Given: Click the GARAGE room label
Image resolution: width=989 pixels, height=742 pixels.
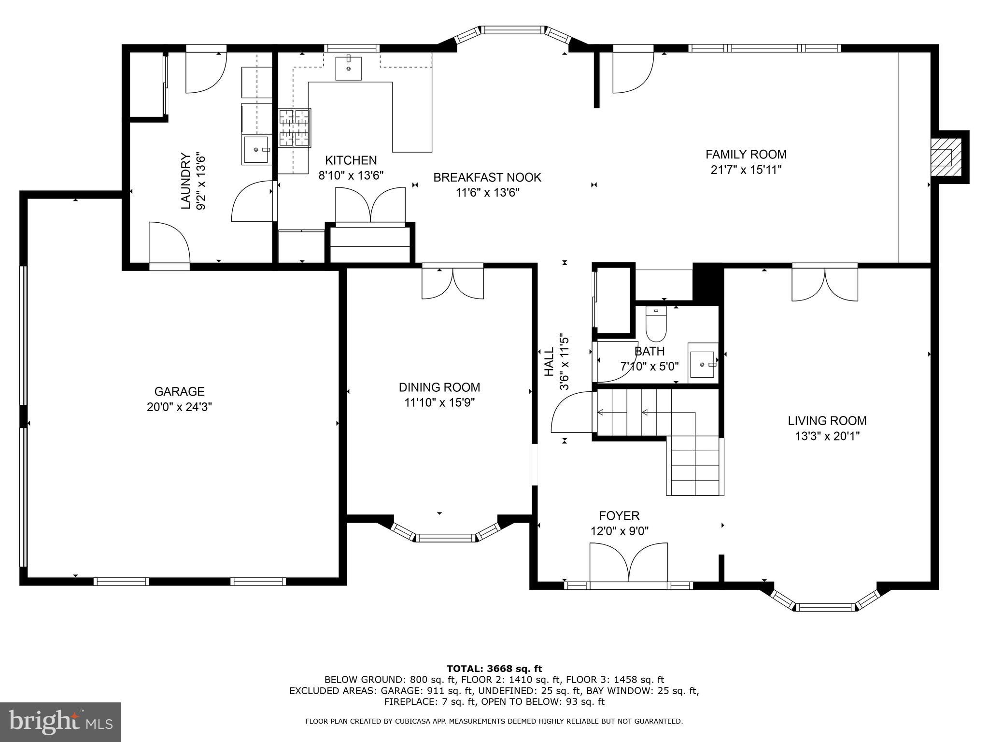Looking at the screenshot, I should (179, 391).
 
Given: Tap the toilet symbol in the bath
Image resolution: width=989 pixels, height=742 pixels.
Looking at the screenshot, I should (656, 324).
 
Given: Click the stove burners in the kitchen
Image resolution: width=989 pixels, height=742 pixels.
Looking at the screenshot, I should (294, 128).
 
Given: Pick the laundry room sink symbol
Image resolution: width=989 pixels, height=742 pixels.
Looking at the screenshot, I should (256, 150).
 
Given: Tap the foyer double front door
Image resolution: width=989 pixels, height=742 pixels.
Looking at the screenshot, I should (629, 563).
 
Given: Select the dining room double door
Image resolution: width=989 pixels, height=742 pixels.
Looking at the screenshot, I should (452, 282).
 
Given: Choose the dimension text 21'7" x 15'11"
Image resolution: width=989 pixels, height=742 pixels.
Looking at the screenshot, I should (746, 170).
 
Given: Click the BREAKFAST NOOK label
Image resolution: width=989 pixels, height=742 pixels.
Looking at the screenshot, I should (487, 177).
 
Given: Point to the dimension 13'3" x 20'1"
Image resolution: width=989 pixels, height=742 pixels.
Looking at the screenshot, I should (827, 436).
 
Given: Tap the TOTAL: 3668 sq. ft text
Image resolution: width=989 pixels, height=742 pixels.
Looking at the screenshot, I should (494, 669).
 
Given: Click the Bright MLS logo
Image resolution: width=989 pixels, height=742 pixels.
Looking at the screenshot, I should (60, 722).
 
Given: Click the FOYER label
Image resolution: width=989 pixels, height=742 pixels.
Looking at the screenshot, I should (619, 515).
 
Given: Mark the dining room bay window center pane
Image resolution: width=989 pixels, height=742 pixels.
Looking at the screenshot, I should (446, 538).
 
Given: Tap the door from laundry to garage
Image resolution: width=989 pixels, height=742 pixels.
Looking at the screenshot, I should (169, 244).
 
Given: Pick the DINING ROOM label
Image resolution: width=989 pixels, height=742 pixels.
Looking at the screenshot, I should (439, 387).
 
